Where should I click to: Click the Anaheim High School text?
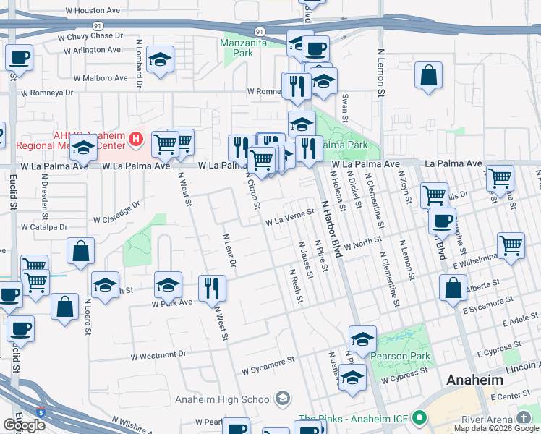pyautogui.click(x=222, y=399)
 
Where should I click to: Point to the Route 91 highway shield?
pyautogui.click(x=258, y=31)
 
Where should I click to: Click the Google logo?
pyautogui.click(x=24, y=425)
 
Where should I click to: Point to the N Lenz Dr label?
pyautogui.click(x=229, y=250)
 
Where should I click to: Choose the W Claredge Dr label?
pyautogui.click(x=116, y=213)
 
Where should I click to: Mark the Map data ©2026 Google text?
pyautogui.click(x=495, y=428)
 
